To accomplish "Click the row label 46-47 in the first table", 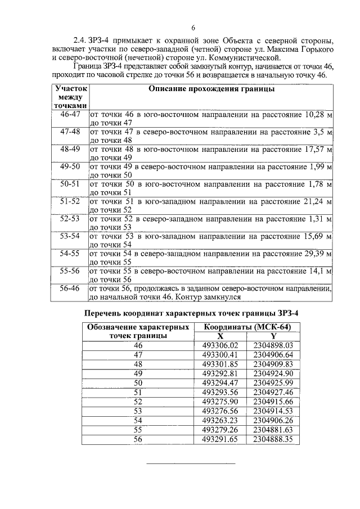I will tap(70, 115).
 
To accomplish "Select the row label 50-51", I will tap(70, 184).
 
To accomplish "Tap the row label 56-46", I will tap(70, 288).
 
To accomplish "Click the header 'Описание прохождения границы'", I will tap(211, 89).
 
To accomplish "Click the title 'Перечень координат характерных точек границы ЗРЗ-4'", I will tap(191, 313).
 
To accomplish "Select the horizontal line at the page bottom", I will tap(191, 464).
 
